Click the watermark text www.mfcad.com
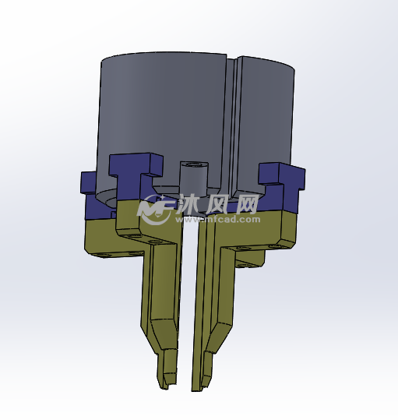click(x=217, y=220)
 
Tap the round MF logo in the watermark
click(x=155, y=209)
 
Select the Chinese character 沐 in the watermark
click(x=189, y=204)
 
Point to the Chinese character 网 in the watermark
click(x=245, y=204)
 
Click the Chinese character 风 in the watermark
click(x=217, y=204)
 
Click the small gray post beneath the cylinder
click(x=193, y=177)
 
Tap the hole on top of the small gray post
click(x=194, y=164)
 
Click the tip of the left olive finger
click(x=164, y=388)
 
